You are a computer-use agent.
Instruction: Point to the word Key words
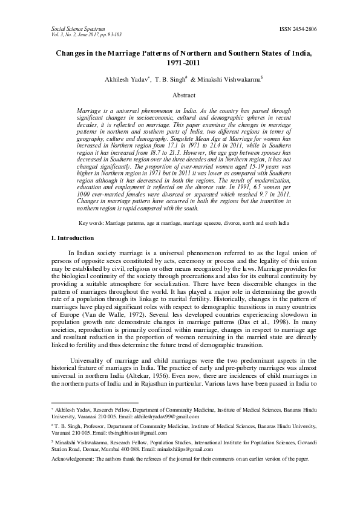coord(91,223)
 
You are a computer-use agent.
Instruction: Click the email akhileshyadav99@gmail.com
coord(168,417)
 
